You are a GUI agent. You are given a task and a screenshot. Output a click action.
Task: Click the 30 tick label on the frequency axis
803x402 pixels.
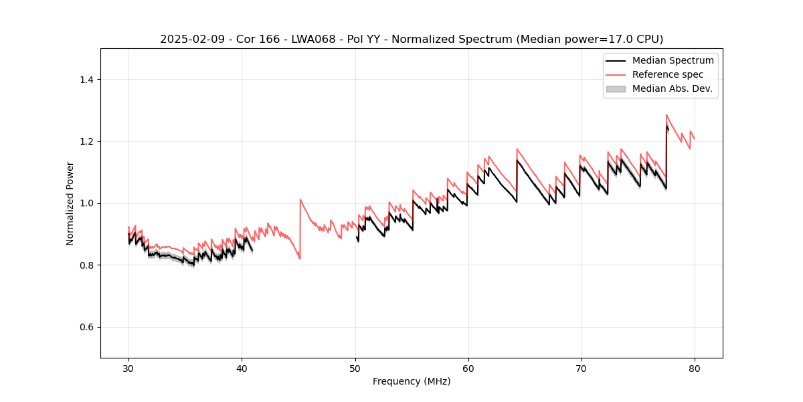click(128, 368)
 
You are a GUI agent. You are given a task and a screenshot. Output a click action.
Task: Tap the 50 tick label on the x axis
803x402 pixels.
click(355, 368)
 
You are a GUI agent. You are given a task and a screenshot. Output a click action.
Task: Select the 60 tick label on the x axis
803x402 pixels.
click(468, 368)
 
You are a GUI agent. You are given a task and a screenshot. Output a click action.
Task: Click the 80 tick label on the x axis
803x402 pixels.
click(694, 368)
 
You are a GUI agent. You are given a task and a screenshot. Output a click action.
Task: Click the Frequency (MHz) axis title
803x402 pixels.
click(412, 381)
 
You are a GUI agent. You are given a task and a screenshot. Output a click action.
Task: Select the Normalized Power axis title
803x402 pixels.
click(70, 203)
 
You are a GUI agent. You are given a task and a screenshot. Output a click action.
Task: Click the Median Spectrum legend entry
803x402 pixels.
click(673, 60)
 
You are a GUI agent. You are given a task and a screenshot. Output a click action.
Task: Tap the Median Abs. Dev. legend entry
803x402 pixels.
click(672, 88)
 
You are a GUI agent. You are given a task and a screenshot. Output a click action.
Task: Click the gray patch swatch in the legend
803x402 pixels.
click(616, 88)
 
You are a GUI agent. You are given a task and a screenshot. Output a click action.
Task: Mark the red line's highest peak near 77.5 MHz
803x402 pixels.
click(666, 115)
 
